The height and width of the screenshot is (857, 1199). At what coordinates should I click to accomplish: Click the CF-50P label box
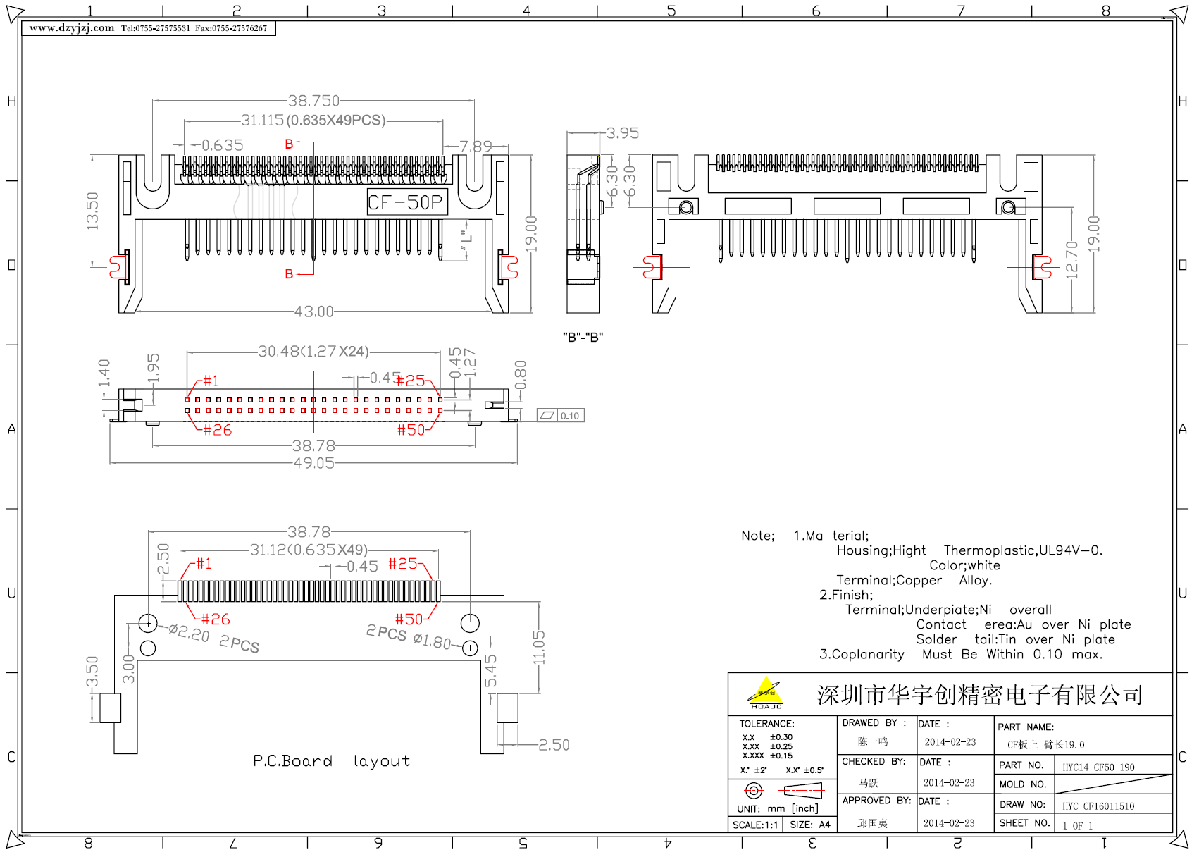(x=406, y=203)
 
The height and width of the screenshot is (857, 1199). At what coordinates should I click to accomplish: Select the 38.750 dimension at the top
(x=313, y=101)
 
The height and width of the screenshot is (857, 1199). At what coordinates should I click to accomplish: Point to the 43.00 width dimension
(x=313, y=312)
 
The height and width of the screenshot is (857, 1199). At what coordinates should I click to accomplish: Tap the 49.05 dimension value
(x=313, y=463)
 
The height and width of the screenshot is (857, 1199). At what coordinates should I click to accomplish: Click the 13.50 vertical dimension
(x=92, y=210)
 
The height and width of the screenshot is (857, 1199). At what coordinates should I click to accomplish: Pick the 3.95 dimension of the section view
(x=623, y=133)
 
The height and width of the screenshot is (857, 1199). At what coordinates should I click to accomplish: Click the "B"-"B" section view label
(x=583, y=337)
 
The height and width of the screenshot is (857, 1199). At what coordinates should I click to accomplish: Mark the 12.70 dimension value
(x=1071, y=260)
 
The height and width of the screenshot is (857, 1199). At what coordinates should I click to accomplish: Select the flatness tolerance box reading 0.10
(x=561, y=416)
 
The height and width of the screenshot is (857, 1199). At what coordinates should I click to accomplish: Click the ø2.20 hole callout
(x=189, y=633)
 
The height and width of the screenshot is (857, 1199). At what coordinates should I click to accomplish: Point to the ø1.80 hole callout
(x=432, y=641)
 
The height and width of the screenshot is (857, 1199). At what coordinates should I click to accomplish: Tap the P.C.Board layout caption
(x=331, y=761)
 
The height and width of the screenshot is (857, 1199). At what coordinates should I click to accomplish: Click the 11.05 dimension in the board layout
(x=539, y=647)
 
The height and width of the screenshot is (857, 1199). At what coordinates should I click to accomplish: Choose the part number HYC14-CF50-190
(x=1098, y=767)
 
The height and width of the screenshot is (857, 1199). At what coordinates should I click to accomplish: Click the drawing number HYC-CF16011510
(x=1098, y=806)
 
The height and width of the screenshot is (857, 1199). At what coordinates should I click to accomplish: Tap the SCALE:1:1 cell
(x=755, y=825)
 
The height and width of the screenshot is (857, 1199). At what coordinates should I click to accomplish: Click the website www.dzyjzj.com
(x=72, y=28)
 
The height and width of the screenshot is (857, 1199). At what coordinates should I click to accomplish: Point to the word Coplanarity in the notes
(x=868, y=655)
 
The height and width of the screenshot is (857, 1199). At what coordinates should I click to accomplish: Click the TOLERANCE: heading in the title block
(x=766, y=724)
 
